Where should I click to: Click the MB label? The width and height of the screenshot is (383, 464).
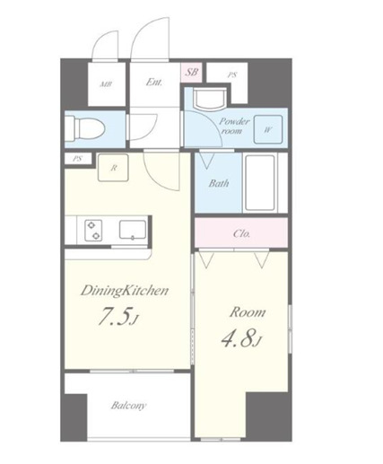[106, 84]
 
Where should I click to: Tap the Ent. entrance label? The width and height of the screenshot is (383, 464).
[154, 82]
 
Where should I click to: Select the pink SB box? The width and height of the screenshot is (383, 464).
[191, 72]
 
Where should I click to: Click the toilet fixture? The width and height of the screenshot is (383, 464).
[85, 129]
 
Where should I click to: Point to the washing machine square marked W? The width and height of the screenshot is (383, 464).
[268, 129]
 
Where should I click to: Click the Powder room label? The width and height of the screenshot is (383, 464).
[234, 126]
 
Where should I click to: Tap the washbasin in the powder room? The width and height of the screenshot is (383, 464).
[209, 99]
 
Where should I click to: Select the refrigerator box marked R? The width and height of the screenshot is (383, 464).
[113, 168]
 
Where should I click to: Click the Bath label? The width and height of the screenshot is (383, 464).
[219, 183]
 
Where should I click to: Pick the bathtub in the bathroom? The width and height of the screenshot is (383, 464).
[260, 183]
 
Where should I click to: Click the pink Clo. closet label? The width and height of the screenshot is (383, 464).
[241, 233]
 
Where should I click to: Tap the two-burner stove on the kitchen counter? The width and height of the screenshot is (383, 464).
[93, 230]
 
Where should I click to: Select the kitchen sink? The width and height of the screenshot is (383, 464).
[133, 230]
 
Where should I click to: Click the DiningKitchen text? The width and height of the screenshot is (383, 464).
[125, 291]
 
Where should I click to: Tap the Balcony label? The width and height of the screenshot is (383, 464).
[128, 406]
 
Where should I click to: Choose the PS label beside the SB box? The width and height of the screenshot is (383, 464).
[232, 74]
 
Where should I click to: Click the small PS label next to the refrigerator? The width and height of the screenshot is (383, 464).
[77, 159]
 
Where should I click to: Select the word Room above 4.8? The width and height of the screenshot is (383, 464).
[248, 312]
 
